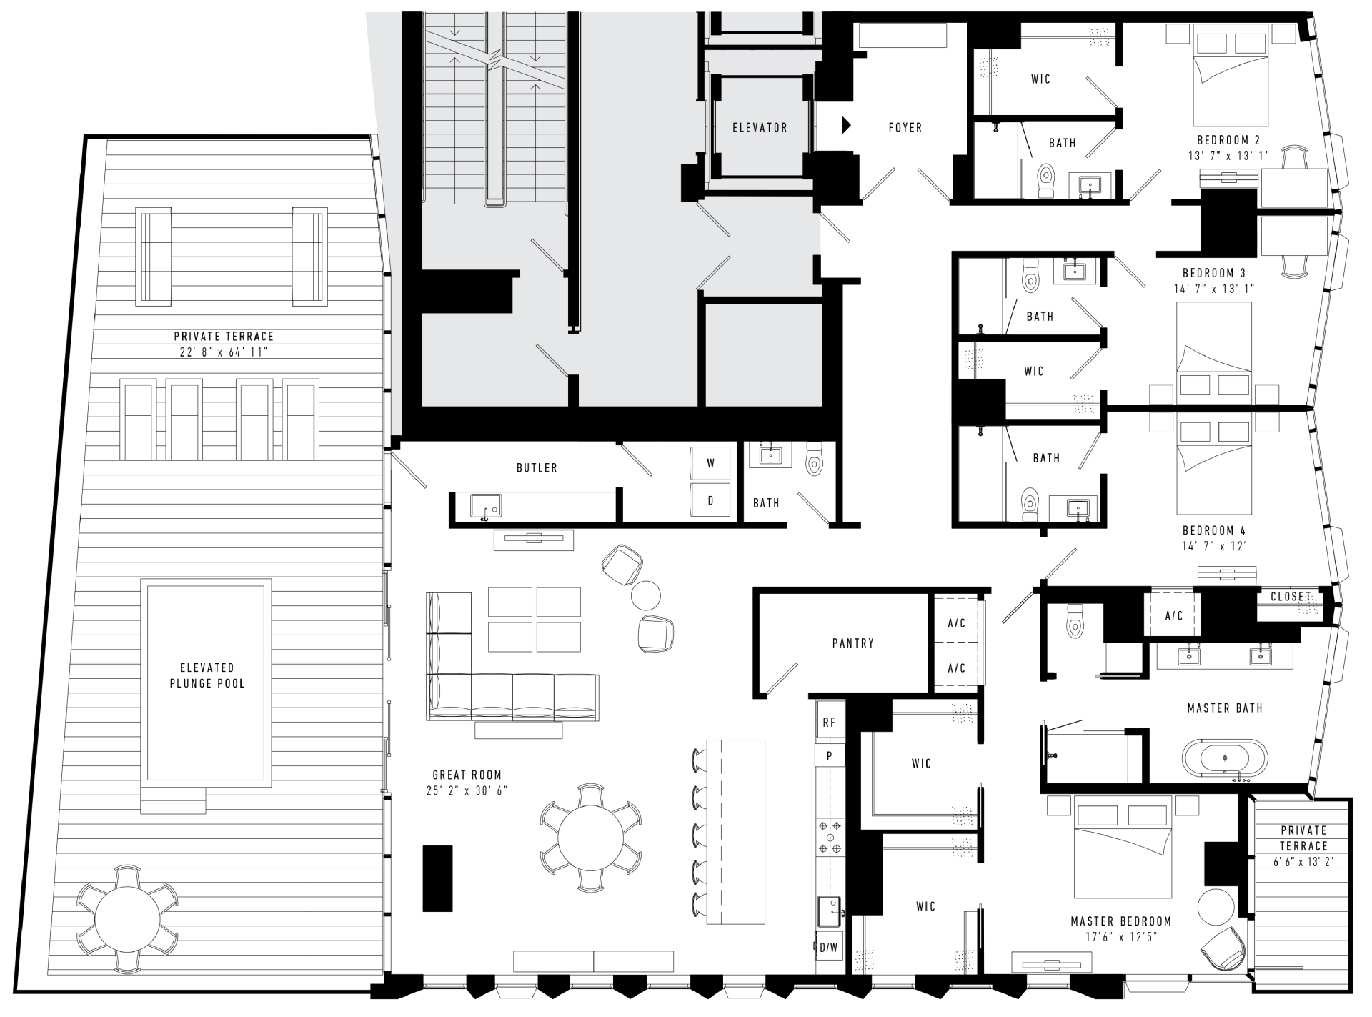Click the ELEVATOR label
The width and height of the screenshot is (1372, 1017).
(x=760, y=128)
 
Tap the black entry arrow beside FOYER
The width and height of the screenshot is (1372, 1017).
(x=846, y=125)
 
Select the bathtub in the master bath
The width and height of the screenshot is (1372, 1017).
(x=1226, y=758)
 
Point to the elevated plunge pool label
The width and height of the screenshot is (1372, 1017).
(x=207, y=675)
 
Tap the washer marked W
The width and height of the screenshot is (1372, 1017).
(x=711, y=463)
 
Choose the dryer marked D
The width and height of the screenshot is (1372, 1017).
(x=711, y=500)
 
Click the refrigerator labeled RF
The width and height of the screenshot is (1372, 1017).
(x=830, y=723)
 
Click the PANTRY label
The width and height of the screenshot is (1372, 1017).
(x=853, y=643)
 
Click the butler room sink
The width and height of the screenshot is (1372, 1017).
(x=486, y=506)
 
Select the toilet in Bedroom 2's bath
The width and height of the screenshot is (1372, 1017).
(x=1046, y=179)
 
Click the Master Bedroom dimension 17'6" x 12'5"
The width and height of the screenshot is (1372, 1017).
(x=1121, y=937)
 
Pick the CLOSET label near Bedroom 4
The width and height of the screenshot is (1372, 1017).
(x=1291, y=596)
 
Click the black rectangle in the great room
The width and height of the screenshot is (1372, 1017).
(x=437, y=878)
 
